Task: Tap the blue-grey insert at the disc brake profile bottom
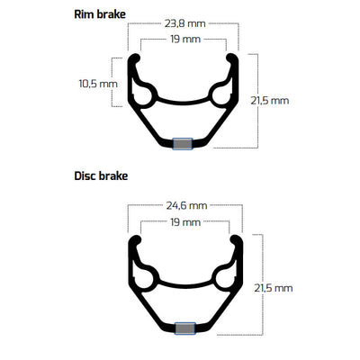[x=186, y=329]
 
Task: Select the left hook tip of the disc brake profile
[x=134, y=241]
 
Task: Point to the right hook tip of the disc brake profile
[x=238, y=241]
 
